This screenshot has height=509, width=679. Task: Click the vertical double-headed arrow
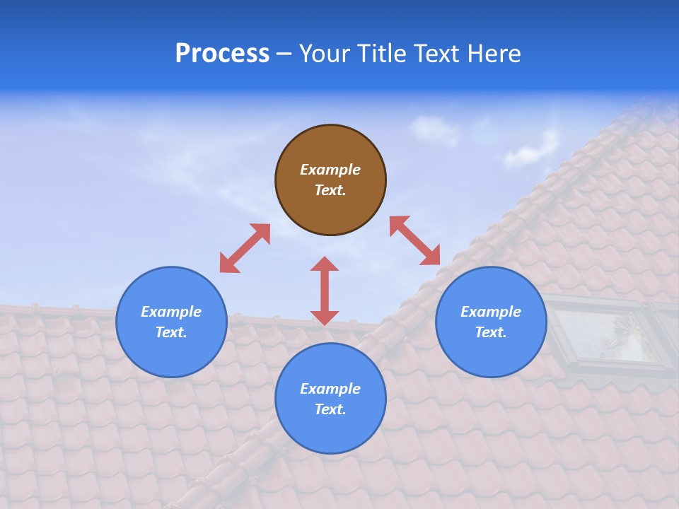[x=325, y=291]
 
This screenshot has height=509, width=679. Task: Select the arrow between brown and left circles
[x=245, y=248]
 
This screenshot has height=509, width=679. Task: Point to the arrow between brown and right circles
[x=415, y=240]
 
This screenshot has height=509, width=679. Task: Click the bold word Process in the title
[x=222, y=54]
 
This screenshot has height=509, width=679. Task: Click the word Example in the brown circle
[x=330, y=170]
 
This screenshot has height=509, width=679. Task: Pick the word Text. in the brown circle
[x=330, y=190]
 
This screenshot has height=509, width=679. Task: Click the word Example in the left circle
[x=171, y=312]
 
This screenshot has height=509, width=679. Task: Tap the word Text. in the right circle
[x=491, y=332]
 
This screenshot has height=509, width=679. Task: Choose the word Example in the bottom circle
[x=330, y=389]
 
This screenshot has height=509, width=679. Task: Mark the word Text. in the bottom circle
[x=330, y=409]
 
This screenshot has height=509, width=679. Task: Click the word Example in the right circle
[x=491, y=312]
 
